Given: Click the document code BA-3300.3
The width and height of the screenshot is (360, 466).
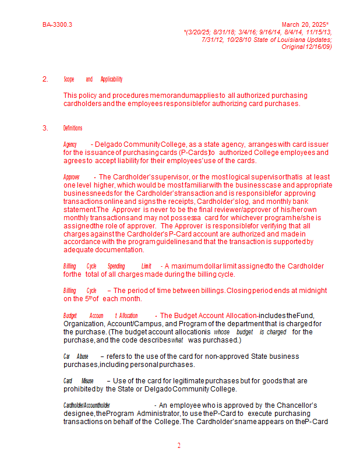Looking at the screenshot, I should point(57,25).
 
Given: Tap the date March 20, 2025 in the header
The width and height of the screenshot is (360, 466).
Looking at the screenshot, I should point(304,25).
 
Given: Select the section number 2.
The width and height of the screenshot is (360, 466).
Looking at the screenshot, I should point(45,79).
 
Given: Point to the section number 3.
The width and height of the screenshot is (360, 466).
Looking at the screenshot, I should point(45,128).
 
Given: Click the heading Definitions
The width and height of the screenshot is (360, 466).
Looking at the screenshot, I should point(73,128).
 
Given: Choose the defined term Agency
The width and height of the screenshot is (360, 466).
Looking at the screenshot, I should point(70,144).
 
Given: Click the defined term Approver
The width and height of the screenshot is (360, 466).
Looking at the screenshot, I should point(72,177).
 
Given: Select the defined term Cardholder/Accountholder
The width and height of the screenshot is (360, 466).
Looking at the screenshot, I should point(87,405).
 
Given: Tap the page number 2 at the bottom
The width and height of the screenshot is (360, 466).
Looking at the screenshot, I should point(179,446).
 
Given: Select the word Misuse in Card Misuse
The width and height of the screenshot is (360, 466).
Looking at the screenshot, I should point(87,381).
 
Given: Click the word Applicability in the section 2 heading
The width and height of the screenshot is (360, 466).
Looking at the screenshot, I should point(111,79).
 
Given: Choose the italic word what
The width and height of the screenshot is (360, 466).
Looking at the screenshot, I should point(177,340).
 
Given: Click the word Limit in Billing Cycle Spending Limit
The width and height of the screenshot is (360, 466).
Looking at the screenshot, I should point(146,266).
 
